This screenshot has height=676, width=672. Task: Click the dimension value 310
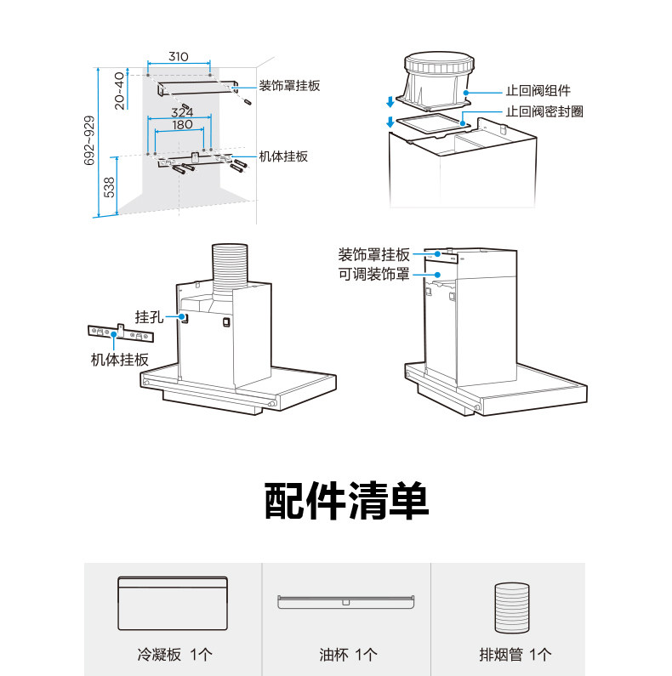pos(178,56)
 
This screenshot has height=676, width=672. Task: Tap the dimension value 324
pos(182,112)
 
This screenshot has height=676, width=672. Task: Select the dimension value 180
pos(182,124)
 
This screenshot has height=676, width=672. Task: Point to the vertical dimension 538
pos(109,187)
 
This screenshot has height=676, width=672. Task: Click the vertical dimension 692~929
pos(90,142)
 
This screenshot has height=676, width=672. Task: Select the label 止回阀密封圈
pos(544,111)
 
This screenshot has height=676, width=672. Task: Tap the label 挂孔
pos(148,316)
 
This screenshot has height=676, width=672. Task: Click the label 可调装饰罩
pos(374,274)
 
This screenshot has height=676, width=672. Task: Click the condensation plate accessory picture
pos(173,603)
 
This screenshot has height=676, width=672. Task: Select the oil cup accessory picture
pos(345,602)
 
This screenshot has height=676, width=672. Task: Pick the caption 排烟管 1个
pos(515,655)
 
